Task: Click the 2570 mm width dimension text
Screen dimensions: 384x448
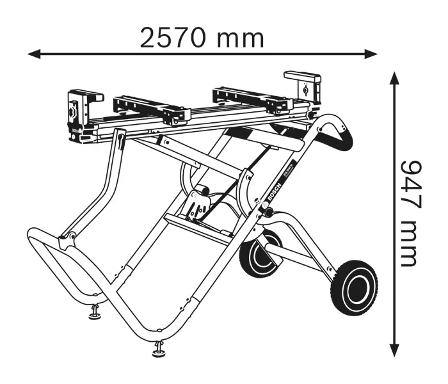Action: pos(202,38)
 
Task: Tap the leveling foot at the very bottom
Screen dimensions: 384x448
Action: pos(157,349)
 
